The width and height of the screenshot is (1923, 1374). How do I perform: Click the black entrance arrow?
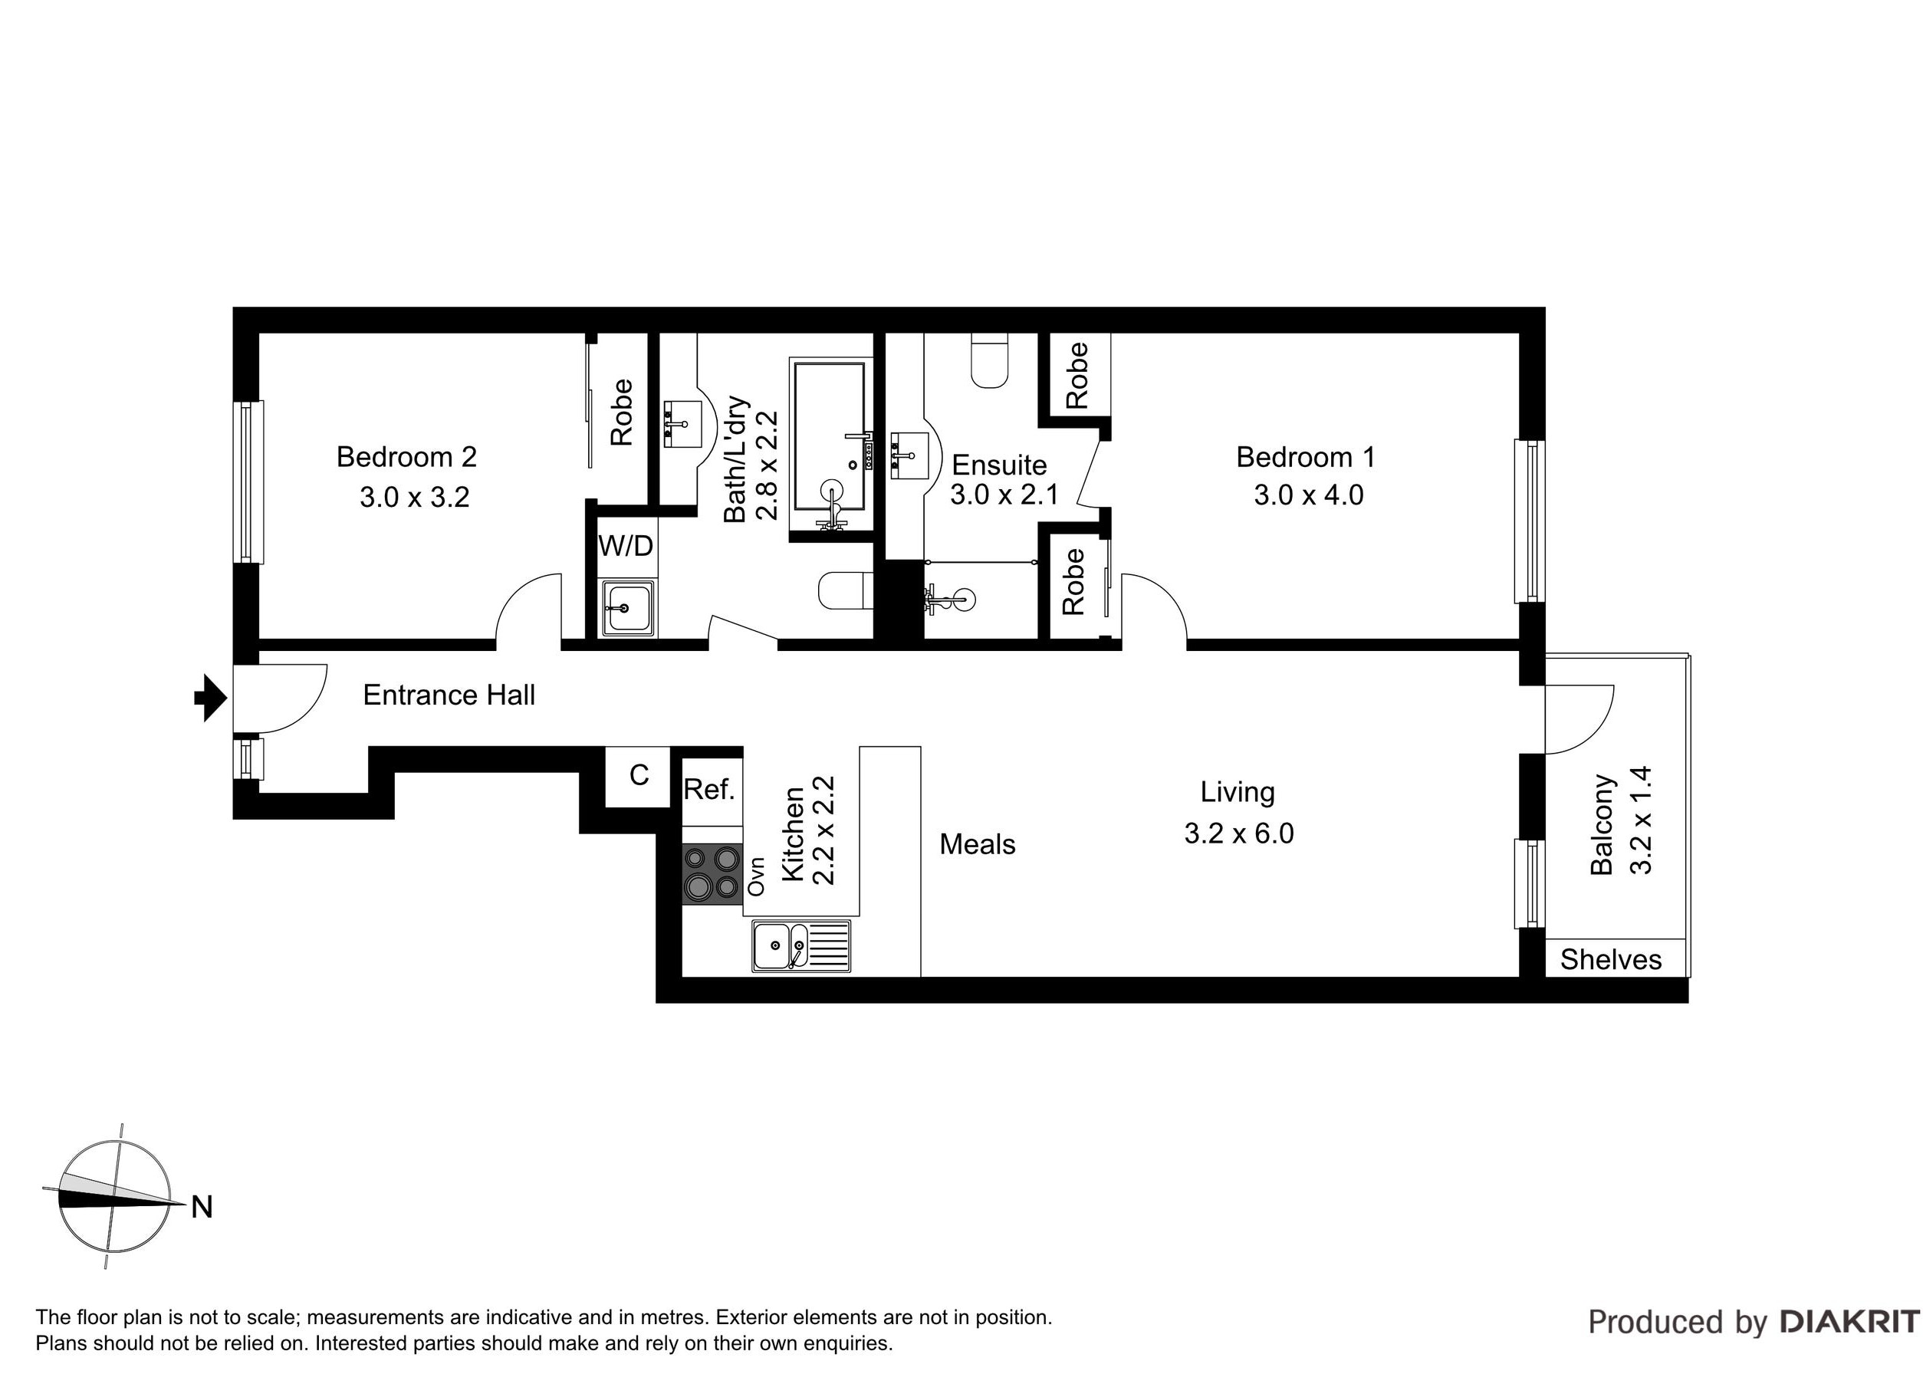pos(211,698)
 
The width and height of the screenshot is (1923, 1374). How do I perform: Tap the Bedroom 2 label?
pos(406,457)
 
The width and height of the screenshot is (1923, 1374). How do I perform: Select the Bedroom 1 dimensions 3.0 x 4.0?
pos(1308,495)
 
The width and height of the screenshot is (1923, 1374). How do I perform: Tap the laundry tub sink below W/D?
pos(626,608)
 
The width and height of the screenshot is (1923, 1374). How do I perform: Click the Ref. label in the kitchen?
pos(709,790)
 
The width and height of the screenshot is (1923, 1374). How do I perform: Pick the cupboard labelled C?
pos(639,776)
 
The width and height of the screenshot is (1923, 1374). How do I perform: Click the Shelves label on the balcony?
pos(1611,959)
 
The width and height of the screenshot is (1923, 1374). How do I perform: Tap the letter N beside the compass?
pos(202,1208)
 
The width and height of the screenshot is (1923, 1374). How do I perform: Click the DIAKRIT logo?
pos(1849,1322)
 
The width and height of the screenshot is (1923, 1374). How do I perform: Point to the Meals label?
pos(977,844)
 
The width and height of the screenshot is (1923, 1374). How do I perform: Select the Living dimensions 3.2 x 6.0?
pos(1238,833)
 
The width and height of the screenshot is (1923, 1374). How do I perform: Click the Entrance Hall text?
pos(449,695)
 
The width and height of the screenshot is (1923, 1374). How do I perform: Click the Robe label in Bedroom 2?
pos(622,412)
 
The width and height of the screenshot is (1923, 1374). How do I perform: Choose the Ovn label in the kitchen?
pos(758,876)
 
